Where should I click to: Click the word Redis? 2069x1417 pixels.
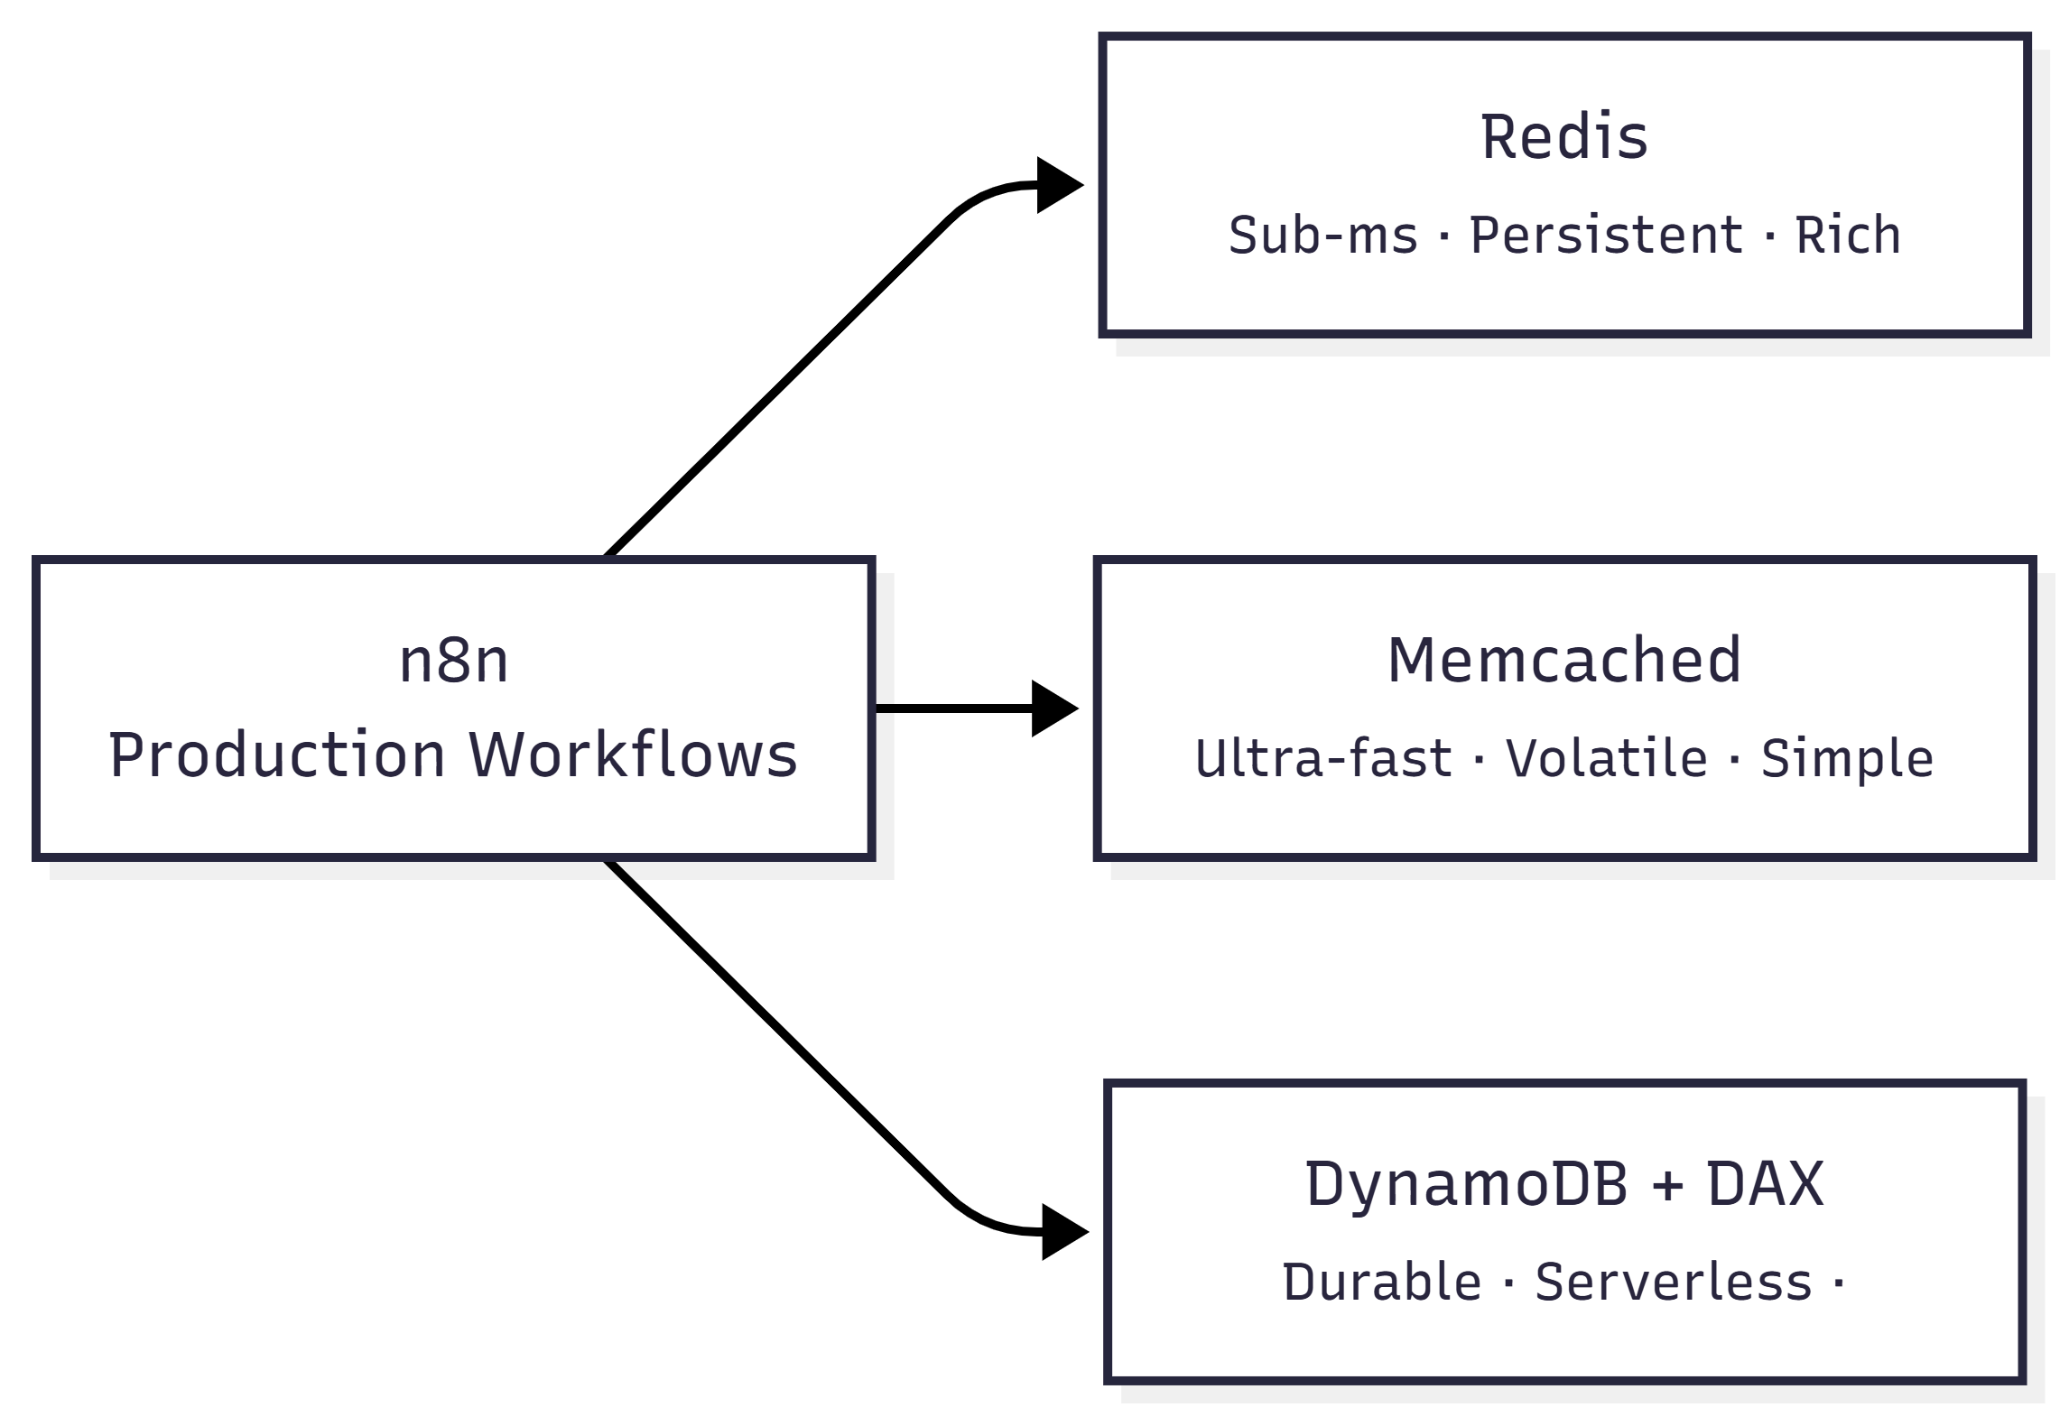pos(1563,138)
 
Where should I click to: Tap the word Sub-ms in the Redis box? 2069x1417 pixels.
pos(1322,236)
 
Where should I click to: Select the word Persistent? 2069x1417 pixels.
pos(1606,236)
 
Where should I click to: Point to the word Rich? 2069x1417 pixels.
pos(1847,236)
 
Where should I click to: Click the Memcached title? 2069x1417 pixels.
pos(1563,661)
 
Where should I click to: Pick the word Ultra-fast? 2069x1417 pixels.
pos(1322,758)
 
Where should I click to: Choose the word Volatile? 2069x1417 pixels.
pos(1606,758)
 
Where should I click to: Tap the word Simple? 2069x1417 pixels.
pos(1847,758)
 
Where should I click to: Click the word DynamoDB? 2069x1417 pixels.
pos(1466,1184)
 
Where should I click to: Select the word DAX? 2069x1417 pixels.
pos(1765,1184)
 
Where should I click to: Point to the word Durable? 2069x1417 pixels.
pos(1381,1283)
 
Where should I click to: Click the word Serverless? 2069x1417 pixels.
pos(1673,1283)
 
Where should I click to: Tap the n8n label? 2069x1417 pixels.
pos(453,661)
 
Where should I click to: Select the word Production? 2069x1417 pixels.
pos(276,755)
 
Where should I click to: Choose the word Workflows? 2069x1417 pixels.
pos(633,755)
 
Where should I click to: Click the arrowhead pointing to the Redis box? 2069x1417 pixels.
pos(1058,185)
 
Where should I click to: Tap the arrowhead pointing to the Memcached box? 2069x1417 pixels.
pos(1053,708)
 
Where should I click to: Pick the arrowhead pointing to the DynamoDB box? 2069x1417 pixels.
pos(1063,1232)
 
